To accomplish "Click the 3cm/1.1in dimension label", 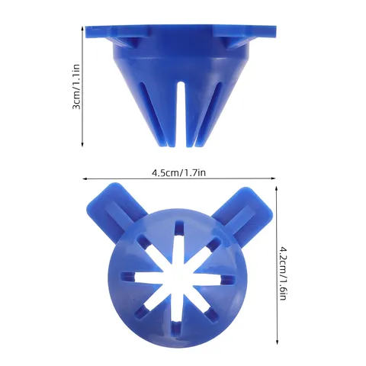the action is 76,87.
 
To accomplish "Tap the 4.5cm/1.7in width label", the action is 178,173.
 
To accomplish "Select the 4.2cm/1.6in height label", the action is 283,273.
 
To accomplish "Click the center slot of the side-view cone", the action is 181,114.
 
